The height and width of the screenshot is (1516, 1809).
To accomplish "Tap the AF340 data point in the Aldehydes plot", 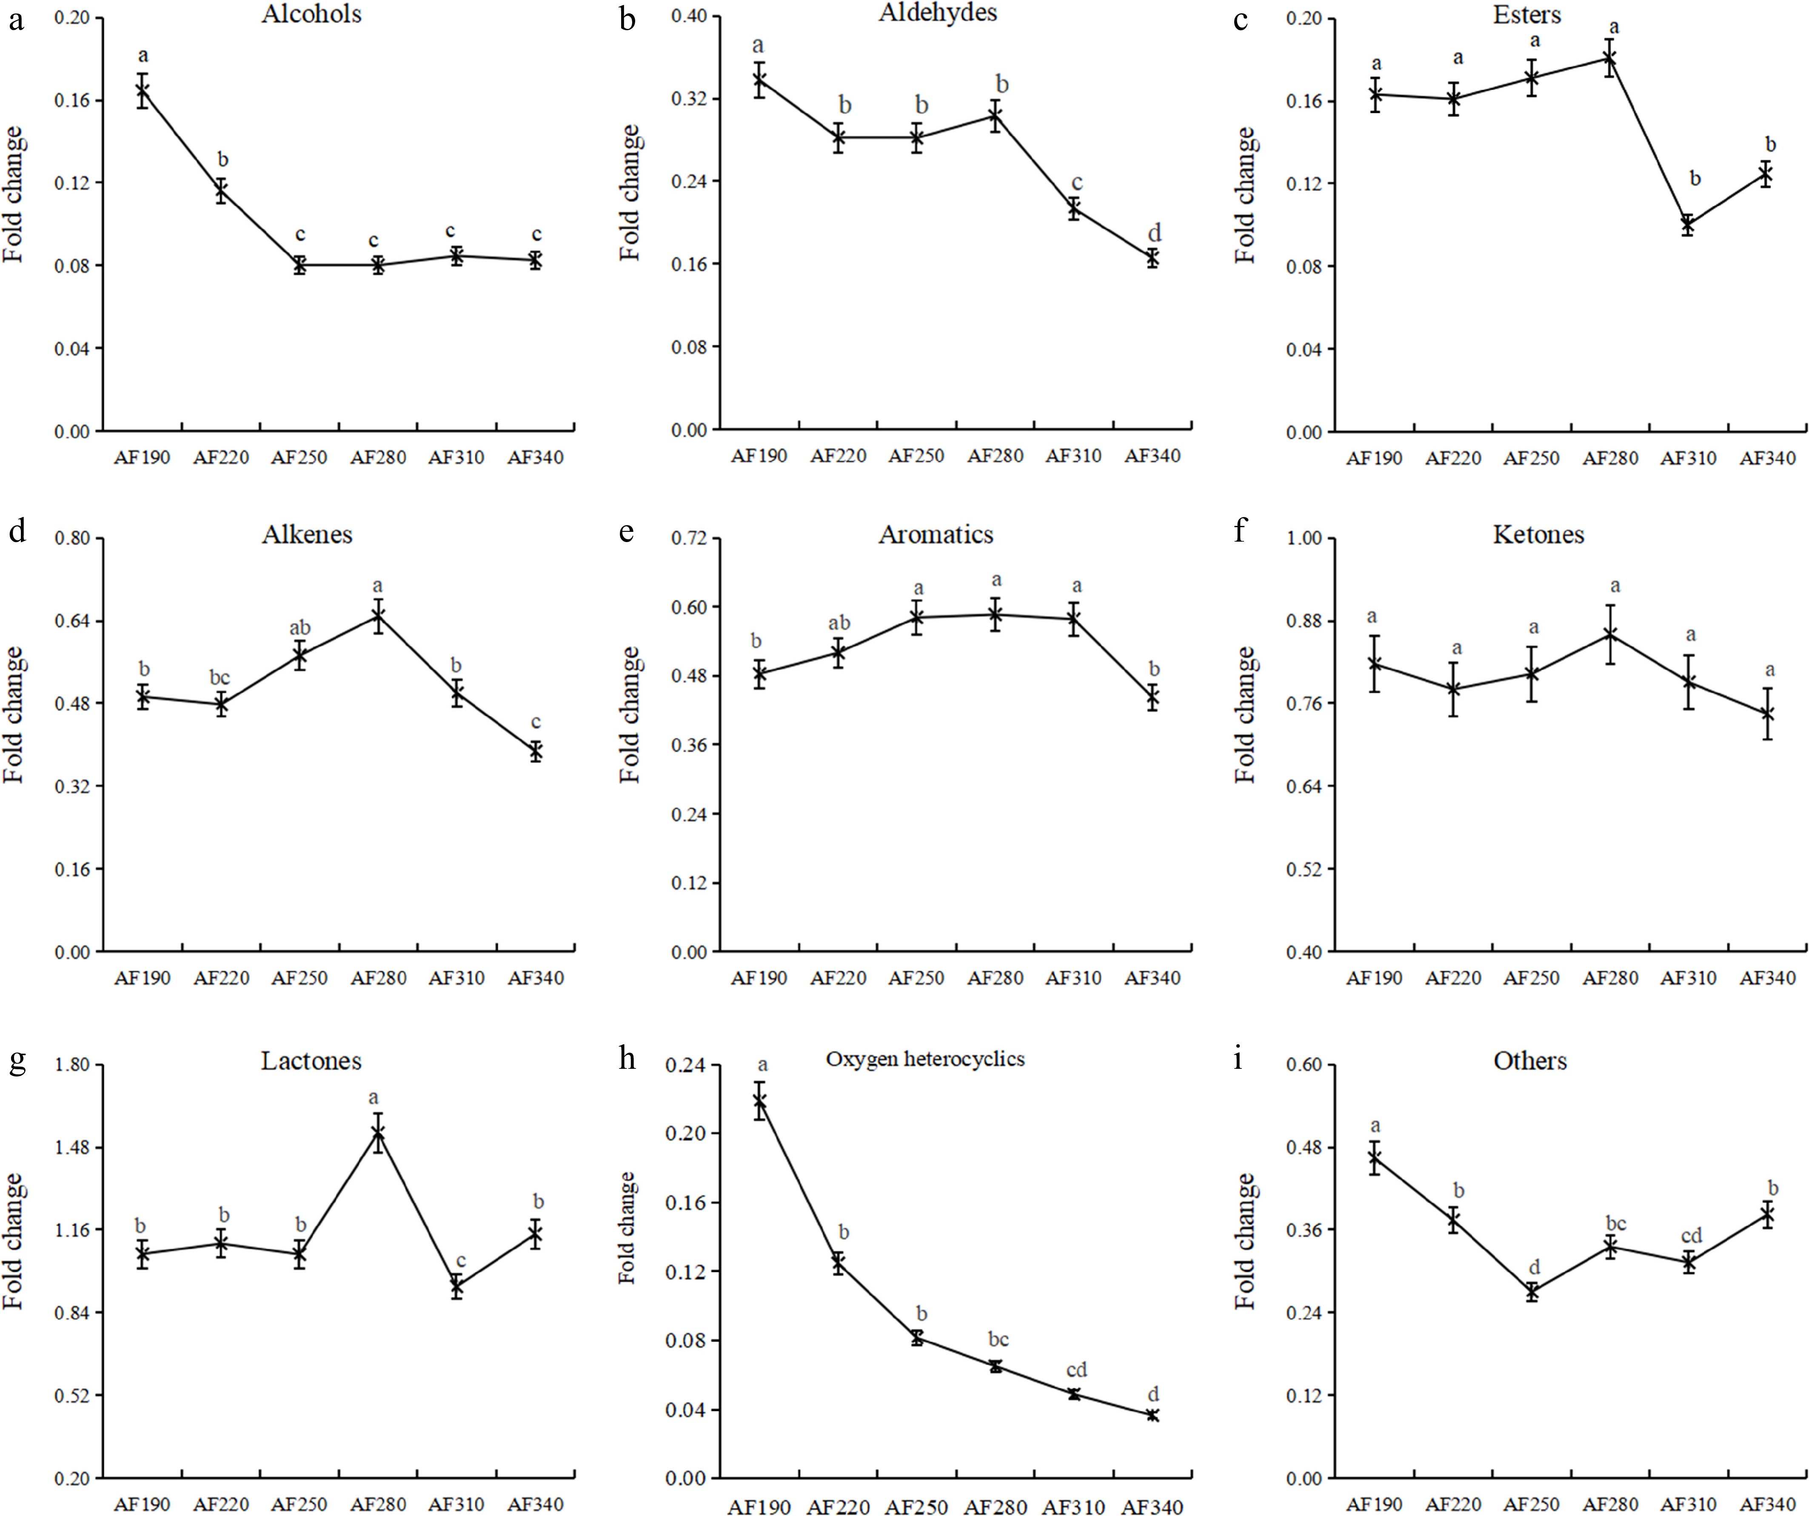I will pyautogui.click(x=1153, y=257).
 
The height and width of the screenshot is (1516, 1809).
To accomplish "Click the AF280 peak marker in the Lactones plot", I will pyautogui.click(x=377, y=1133).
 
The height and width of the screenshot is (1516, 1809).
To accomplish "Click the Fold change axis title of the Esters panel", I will pyautogui.click(x=1246, y=195).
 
